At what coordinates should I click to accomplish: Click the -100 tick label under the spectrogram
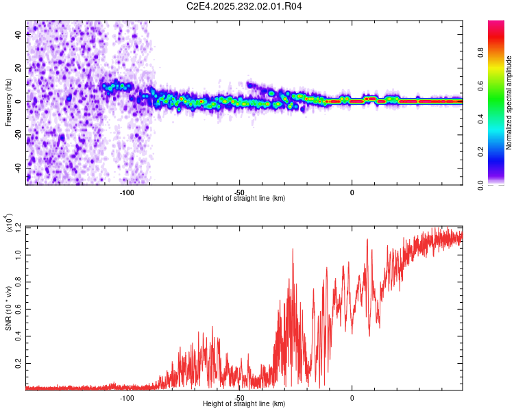tap(127, 192)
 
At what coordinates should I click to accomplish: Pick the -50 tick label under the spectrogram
tap(239, 192)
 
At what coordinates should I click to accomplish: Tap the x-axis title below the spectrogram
tap(244, 199)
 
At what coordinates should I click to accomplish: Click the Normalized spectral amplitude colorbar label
tap(509, 103)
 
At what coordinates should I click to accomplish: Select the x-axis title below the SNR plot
tap(244, 404)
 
